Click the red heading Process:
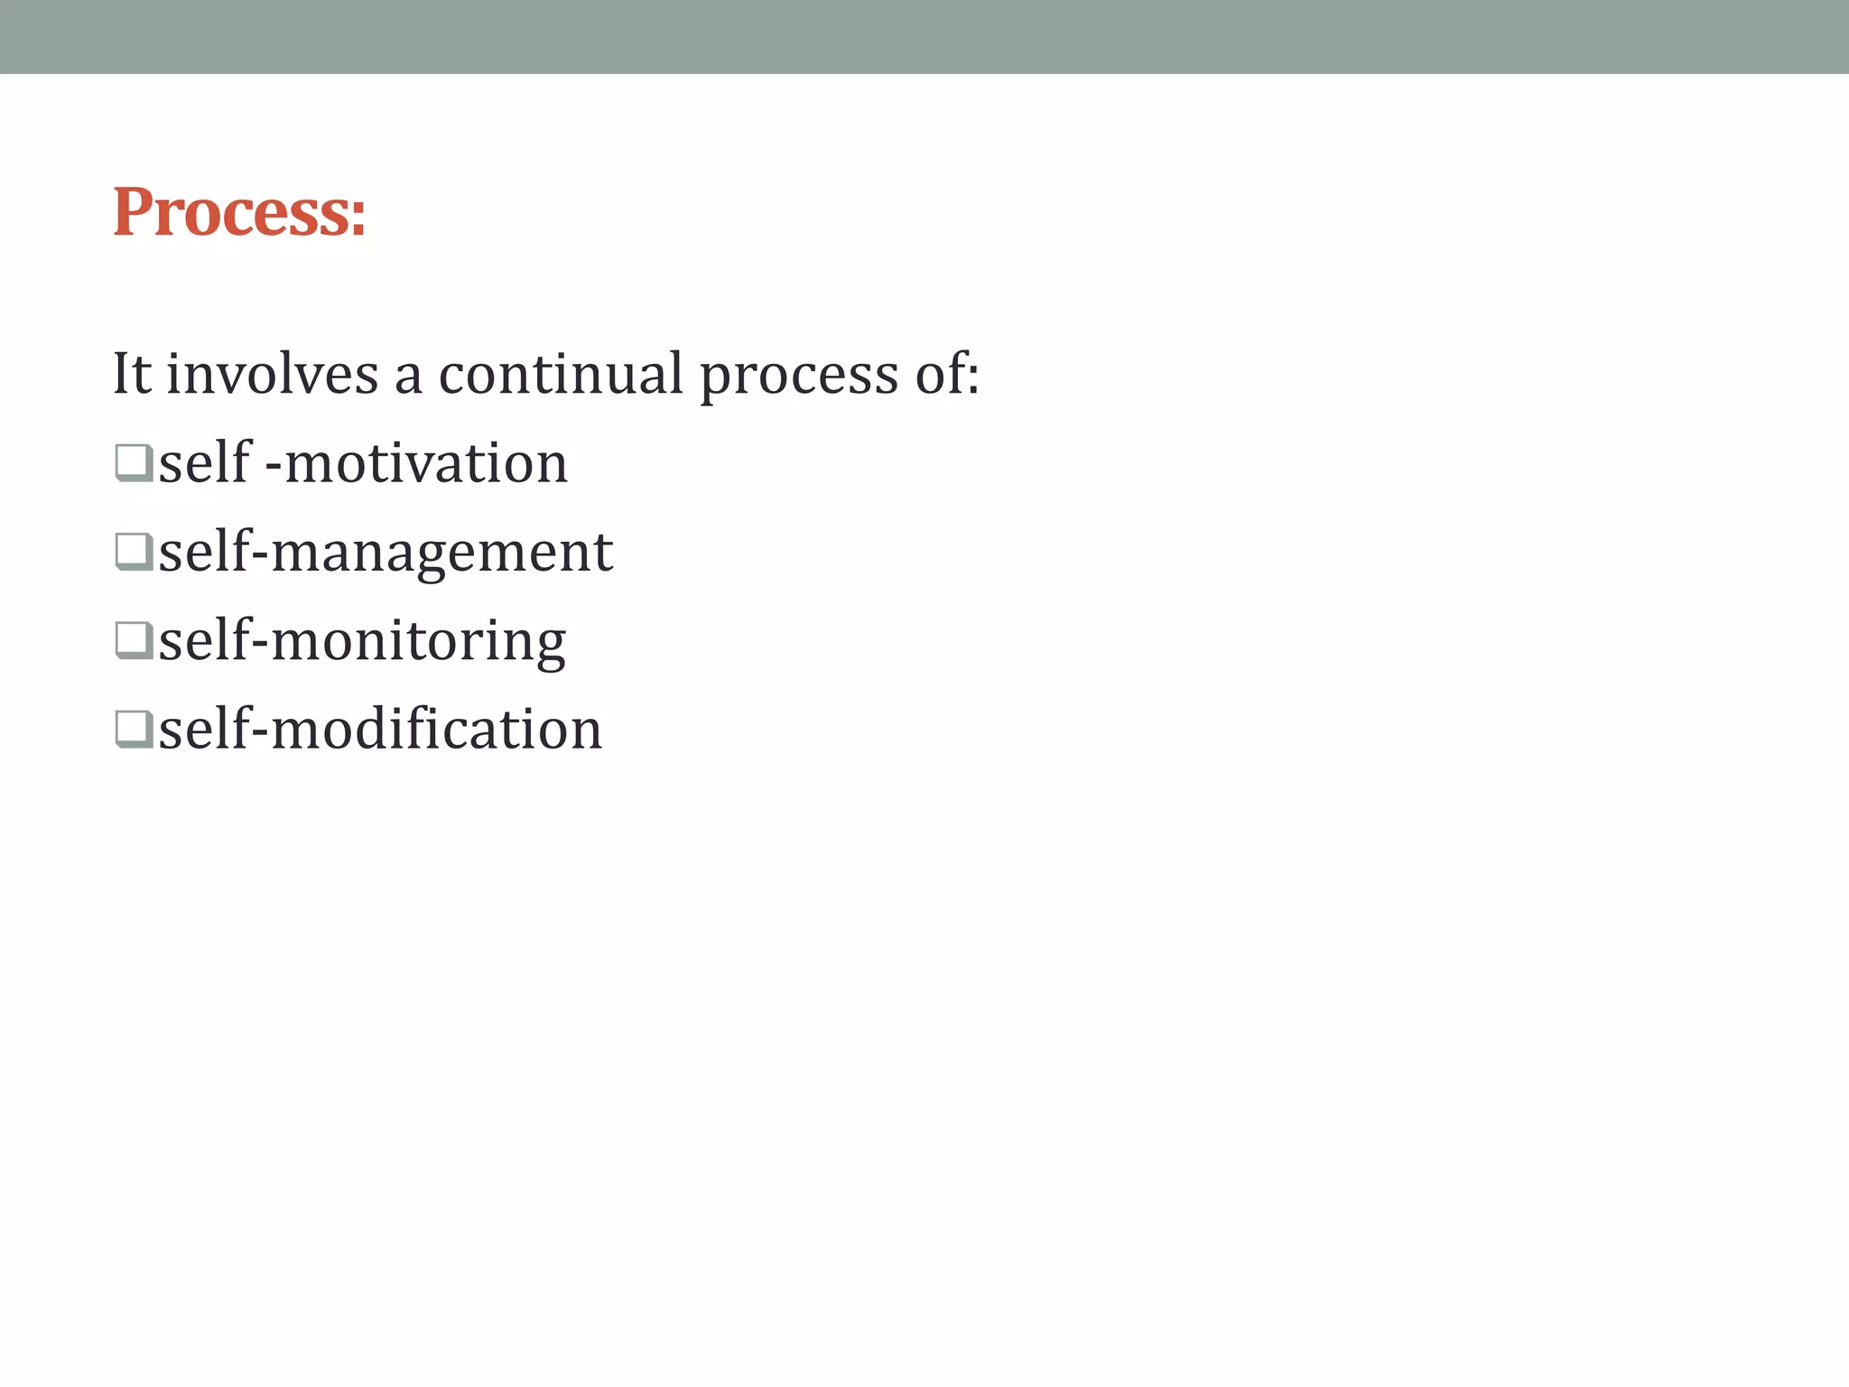coord(239,212)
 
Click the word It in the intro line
coord(132,374)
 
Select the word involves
coord(272,374)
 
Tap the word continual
coord(561,374)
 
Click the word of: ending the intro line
coord(947,374)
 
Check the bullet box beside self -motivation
coord(134,462)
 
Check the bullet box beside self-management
coord(134,551)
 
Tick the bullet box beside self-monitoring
coord(134,639)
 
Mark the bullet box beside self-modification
coord(134,728)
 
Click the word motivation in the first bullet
coord(426,464)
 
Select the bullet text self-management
coord(386,553)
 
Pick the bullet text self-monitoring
coord(362,641)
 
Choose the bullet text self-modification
coord(380,730)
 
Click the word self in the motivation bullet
coord(205,462)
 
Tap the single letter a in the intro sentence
coord(408,377)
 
